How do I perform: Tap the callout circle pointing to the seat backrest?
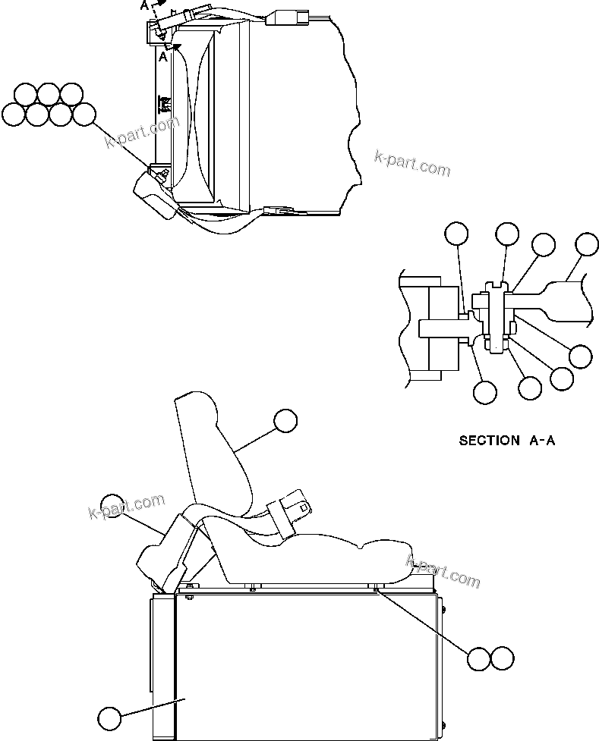click(x=285, y=421)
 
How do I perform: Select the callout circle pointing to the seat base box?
click(x=109, y=717)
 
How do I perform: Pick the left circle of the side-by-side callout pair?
click(x=478, y=658)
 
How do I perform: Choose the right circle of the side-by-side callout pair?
click(x=502, y=658)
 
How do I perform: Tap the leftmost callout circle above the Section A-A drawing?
click(x=456, y=235)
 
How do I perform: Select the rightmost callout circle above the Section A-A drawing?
click(x=586, y=245)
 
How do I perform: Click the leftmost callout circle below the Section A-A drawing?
click(x=484, y=392)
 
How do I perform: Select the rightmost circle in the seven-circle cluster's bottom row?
click(x=84, y=115)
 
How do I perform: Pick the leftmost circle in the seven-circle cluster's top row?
click(x=25, y=94)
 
